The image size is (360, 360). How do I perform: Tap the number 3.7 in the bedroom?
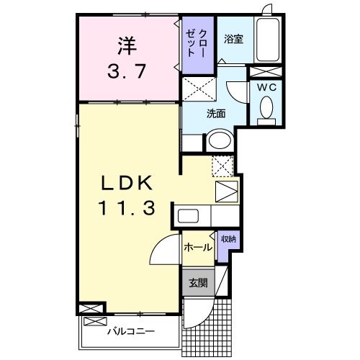tap(127, 72)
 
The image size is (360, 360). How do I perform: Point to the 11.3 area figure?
tap(126, 209)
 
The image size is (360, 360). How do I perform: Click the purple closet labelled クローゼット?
tap(197, 45)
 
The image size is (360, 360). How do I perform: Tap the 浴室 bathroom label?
tap(233, 40)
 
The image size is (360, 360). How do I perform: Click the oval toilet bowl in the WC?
tap(266, 109)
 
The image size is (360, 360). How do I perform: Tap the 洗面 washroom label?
tap(216, 113)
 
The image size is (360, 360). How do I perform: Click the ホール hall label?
tap(197, 247)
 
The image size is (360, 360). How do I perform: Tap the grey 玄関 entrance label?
tap(197, 283)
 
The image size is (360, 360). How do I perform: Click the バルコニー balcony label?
tap(131, 333)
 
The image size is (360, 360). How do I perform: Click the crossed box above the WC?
tap(266, 72)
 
